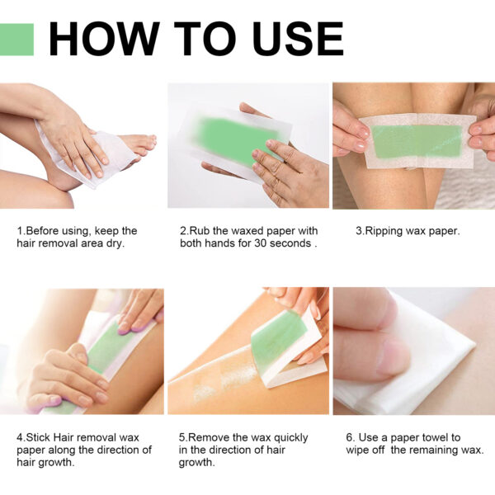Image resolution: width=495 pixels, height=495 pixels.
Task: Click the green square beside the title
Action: [x=16, y=39]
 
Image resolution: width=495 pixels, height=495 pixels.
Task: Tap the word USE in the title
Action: [x=293, y=39]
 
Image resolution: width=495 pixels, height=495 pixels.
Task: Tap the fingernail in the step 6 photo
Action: [x=394, y=356]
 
